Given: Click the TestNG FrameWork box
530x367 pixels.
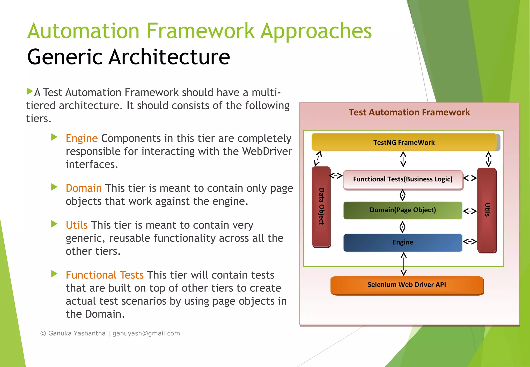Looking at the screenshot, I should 404,142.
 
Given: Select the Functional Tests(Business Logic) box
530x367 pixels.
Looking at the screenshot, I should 403,179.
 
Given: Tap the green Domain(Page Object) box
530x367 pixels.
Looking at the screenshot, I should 403,210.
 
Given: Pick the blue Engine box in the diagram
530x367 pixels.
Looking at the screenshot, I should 403,242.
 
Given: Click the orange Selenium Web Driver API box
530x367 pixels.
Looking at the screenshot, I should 407,285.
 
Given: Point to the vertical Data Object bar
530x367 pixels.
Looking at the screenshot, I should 321,206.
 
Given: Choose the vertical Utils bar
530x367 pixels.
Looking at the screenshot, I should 487,210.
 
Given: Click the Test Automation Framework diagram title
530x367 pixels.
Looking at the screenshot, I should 409,112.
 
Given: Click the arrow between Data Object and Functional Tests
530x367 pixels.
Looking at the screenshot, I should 336,176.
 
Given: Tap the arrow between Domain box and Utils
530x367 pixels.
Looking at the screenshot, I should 470,211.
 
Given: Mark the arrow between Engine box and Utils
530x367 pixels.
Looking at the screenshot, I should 470,242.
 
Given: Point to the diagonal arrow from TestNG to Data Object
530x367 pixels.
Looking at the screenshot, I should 318,158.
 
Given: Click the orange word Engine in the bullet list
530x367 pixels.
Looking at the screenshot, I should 82,138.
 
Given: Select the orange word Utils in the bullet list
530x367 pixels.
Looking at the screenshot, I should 77,225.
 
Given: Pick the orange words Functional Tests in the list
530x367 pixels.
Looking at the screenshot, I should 105,275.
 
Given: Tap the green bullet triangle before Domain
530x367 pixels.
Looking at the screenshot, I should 54,187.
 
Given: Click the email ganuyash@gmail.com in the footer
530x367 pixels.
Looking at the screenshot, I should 146,333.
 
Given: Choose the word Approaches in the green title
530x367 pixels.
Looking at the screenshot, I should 316,31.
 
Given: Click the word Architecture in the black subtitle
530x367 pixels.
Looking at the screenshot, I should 169,57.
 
